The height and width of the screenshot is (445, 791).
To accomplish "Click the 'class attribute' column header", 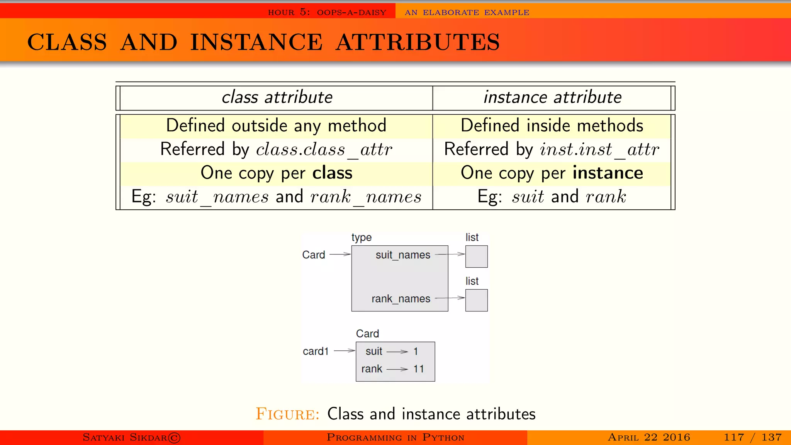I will pyautogui.click(x=277, y=97).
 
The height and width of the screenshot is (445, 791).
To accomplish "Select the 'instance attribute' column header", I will pyautogui.click(x=552, y=97).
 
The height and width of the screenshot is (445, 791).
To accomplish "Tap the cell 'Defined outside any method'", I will pyautogui.click(x=276, y=126).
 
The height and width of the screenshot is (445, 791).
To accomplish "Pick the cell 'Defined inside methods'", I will pyautogui.click(x=552, y=126).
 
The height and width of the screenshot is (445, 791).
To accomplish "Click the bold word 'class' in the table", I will pyautogui.click(x=332, y=173).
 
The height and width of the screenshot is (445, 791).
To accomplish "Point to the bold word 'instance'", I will pyautogui.click(x=608, y=173).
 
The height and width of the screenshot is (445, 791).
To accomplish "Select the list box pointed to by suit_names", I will pyautogui.click(x=476, y=256).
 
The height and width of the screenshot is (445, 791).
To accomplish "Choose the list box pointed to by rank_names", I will pyautogui.click(x=476, y=300).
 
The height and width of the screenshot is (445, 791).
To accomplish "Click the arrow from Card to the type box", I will pyautogui.click(x=340, y=254).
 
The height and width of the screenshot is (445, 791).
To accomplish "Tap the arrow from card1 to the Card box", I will pyautogui.click(x=344, y=351).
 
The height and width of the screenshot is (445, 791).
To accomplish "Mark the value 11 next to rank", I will pyautogui.click(x=418, y=369).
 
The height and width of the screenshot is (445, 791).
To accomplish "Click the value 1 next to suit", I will pyautogui.click(x=416, y=352).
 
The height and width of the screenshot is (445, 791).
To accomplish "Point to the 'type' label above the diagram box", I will pyautogui.click(x=362, y=238).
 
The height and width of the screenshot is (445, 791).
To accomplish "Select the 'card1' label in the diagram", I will pyautogui.click(x=316, y=351).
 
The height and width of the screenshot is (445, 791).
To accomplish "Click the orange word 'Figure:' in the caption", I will pyautogui.click(x=288, y=414).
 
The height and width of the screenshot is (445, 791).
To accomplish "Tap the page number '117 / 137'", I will pyautogui.click(x=752, y=437).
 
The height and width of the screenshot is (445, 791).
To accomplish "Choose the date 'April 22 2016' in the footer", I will pyautogui.click(x=649, y=437).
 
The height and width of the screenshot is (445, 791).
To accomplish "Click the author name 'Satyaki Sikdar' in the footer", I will pyautogui.click(x=131, y=437).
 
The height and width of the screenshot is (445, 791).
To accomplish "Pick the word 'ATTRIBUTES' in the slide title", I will pyautogui.click(x=418, y=42).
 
